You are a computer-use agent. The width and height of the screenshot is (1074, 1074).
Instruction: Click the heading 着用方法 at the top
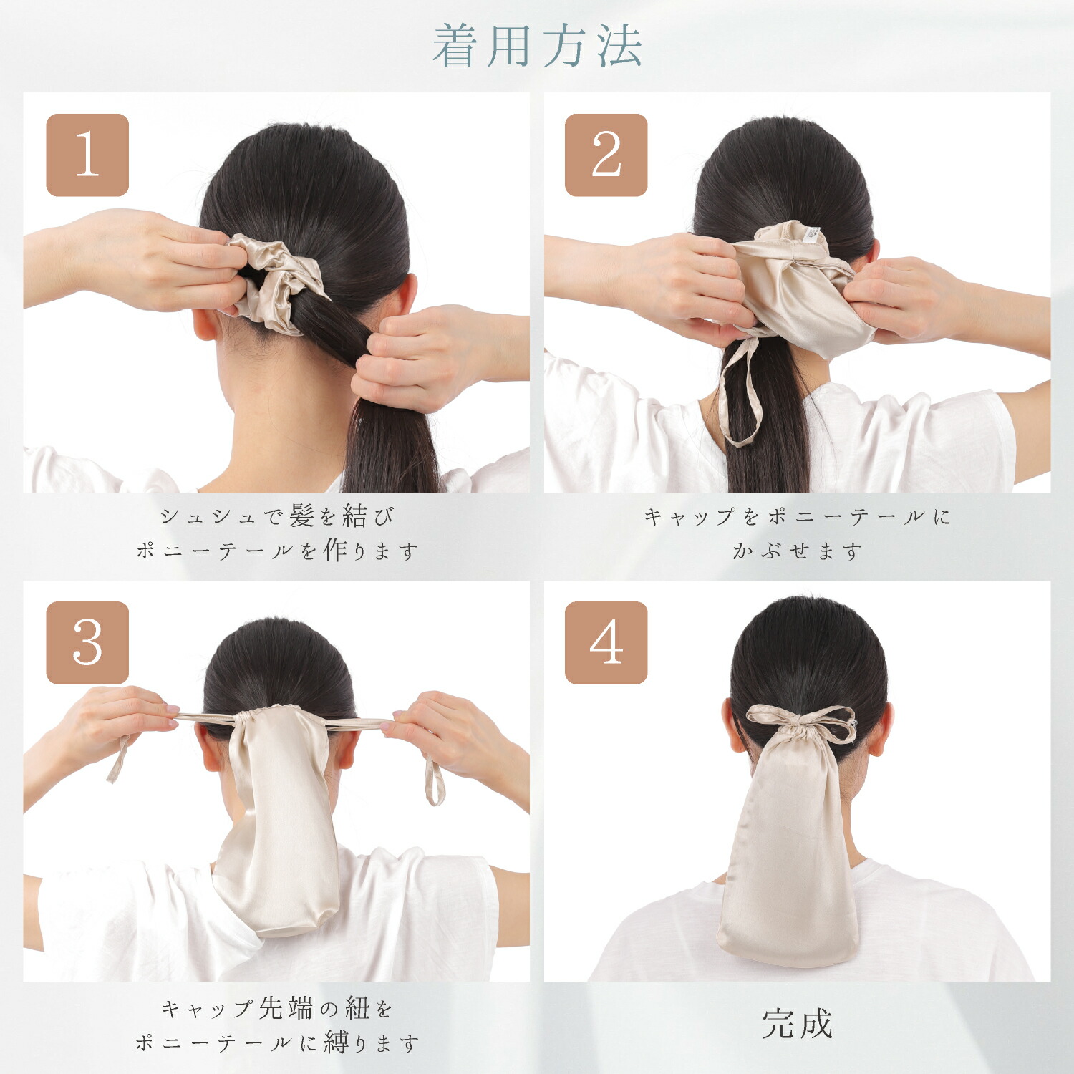(x=537, y=46)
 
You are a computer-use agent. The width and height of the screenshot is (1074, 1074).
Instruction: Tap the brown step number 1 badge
(x=87, y=155)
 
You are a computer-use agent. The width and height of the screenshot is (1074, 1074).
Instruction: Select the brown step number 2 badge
(x=606, y=155)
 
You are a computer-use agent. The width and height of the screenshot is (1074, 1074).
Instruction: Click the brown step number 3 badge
(x=87, y=642)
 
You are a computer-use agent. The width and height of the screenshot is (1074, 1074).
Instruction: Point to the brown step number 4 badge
(x=606, y=642)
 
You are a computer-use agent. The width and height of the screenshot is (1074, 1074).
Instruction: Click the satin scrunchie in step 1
(x=276, y=281)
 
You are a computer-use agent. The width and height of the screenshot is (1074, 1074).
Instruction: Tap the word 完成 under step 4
(x=797, y=1024)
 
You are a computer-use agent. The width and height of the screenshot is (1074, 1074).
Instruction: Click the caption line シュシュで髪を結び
(x=277, y=516)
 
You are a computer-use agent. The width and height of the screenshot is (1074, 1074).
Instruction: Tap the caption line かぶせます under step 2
(x=797, y=551)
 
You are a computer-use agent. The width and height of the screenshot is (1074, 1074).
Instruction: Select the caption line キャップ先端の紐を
(x=277, y=1008)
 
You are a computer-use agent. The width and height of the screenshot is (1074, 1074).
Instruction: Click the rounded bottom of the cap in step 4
(x=788, y=949)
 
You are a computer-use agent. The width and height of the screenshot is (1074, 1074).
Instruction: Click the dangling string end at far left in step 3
(x=119, y=759)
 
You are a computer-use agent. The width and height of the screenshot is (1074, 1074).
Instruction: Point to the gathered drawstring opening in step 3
(x=258, y=716)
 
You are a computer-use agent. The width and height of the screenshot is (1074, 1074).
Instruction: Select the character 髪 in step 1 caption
(x=302, y=516)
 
